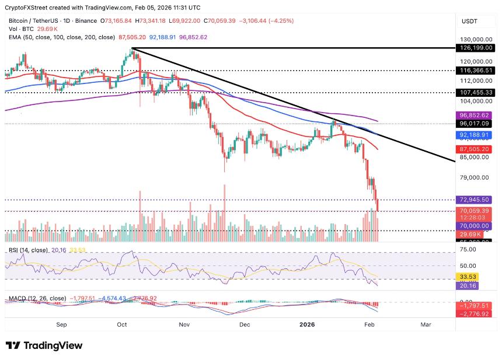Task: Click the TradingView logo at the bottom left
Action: click(x=44, y=345)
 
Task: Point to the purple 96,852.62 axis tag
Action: click(x=476, y=116)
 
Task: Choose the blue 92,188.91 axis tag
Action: click(x=476, y=135)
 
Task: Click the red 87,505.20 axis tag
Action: click(x=476, y=149)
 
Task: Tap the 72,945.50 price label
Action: click(x=476, y=200)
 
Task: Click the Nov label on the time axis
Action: click(x=184, y=324)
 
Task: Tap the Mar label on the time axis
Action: click(x=426, y=324)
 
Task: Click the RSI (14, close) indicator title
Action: click(x=28, y=250)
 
